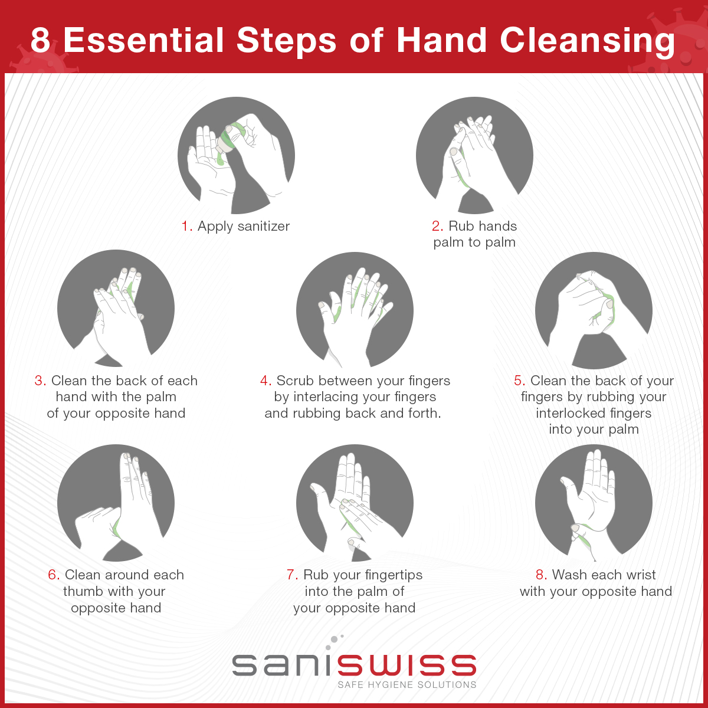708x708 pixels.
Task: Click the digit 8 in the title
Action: (40, 40)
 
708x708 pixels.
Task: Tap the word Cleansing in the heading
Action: (587, 42)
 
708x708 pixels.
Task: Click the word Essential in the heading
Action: (143, 40)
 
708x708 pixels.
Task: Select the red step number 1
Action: (186, 226)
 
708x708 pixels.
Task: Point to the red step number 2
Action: (437, 226)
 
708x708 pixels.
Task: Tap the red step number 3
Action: (40, 381)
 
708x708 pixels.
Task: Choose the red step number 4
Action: (265, 381)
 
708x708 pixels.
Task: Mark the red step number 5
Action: (520, 381)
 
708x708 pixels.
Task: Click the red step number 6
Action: (54, 575)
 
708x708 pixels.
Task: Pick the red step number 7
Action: (292, 575)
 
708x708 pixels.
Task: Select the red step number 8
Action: (542, 575)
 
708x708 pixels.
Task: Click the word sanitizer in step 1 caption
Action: (263, 226)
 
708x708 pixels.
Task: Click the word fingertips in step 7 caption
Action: (387, 575)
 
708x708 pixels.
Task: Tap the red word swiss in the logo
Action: (407, 665)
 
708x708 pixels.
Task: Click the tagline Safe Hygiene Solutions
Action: (407, 685)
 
